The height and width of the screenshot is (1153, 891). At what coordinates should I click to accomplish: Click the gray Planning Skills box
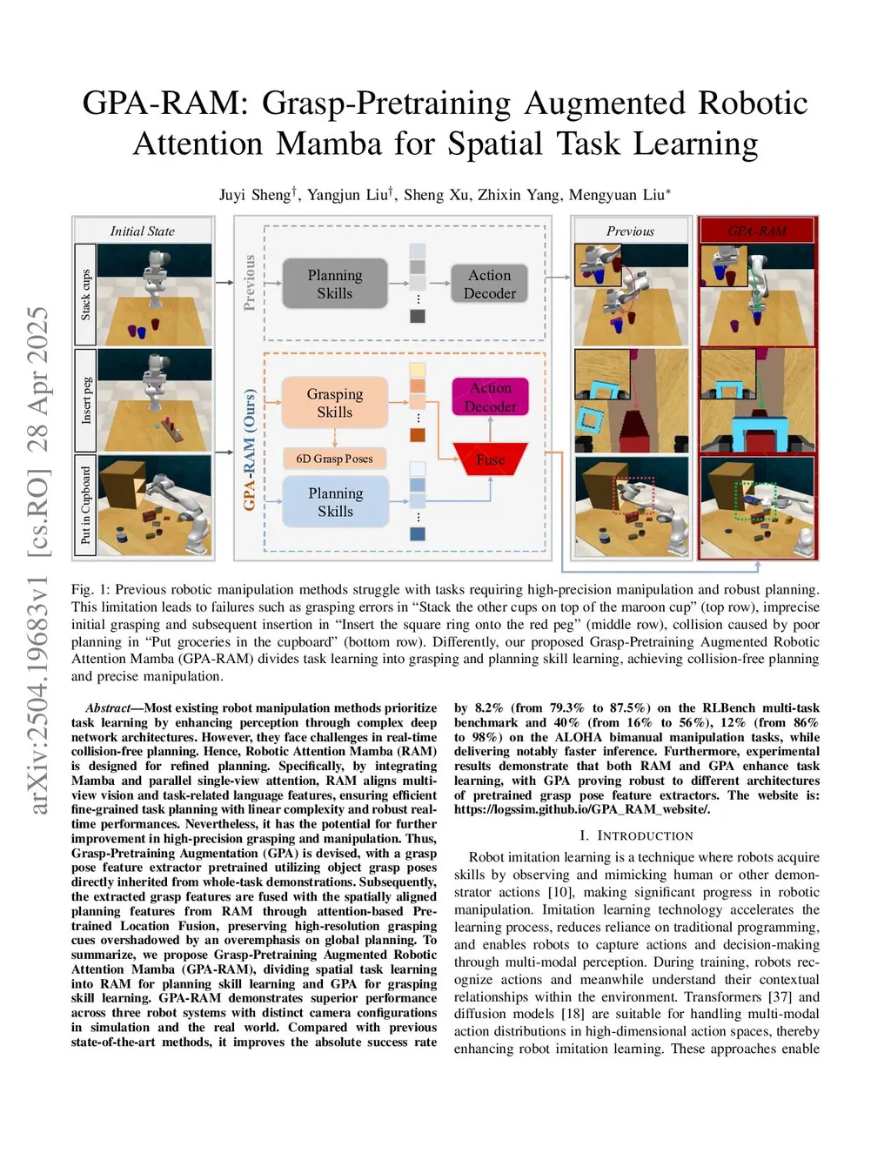tap(335, 284)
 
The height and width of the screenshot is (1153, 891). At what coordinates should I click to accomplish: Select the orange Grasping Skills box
tap(335, 403)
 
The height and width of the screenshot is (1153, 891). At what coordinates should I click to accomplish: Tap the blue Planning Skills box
tap(335, 502)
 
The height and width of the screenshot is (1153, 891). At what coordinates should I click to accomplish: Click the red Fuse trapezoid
tap(491, 459)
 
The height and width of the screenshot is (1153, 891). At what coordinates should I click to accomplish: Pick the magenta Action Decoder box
tap(491, 397)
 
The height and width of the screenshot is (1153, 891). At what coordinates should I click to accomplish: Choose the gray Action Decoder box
tap(490, 284)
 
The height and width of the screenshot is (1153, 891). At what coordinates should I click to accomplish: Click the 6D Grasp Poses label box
tap(334, 459)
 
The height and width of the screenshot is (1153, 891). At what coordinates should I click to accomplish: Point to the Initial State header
tap(142, 231)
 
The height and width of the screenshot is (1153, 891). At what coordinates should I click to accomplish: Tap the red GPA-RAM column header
tap(756, 231)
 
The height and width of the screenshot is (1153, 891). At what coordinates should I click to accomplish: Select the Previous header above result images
tap(630, 231)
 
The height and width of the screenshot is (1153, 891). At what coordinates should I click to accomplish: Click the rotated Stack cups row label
tap(85, 295)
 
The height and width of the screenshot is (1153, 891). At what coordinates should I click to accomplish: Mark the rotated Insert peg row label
tap(85, 400)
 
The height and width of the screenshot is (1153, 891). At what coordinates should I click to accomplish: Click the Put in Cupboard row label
tap(85, 506)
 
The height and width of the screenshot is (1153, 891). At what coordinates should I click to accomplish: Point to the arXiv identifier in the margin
tap(38, 561)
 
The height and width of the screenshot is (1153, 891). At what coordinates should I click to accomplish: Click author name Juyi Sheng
tap(258, 195)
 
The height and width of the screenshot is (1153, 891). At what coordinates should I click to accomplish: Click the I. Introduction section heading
tap(636, 835)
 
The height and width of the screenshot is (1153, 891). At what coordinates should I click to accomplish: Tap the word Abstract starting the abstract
tap(108, 708)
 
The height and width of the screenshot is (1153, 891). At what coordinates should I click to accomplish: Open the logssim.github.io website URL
tap(581, 809)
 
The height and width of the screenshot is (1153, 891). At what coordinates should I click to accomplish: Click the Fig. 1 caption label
tap(90, 590)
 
